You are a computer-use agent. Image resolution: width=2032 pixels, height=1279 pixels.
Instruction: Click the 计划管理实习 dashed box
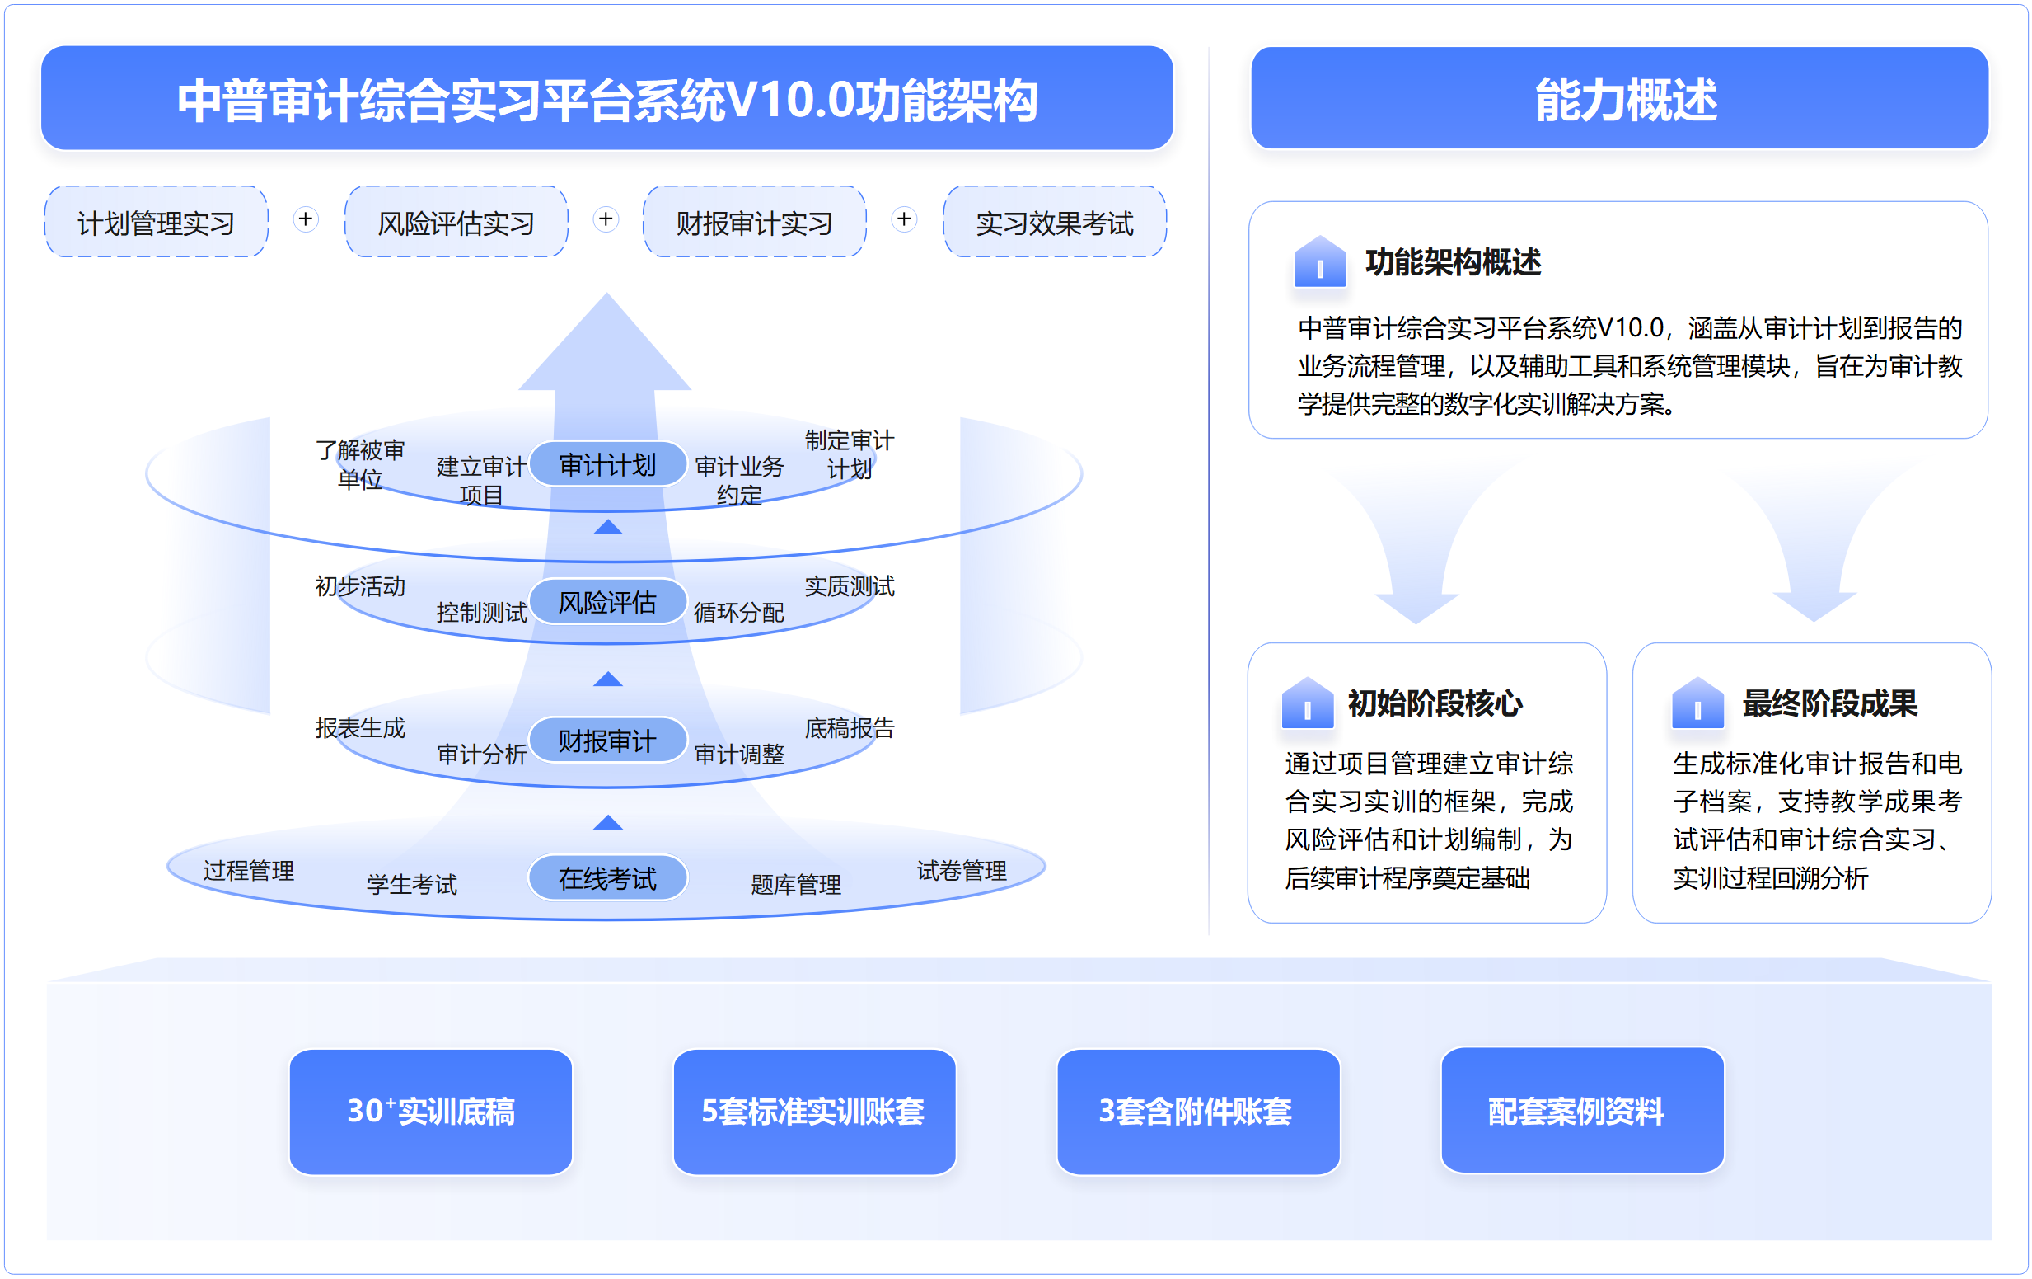coord(156,222)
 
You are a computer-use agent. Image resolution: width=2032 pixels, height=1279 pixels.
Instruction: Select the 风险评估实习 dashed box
coord(456,222)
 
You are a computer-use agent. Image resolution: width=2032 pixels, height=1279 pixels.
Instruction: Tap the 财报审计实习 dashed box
coord(755,222)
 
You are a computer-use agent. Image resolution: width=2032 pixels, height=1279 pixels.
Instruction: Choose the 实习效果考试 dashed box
coord(1054,222)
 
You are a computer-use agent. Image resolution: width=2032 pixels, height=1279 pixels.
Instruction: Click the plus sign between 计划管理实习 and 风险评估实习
coord(306,219)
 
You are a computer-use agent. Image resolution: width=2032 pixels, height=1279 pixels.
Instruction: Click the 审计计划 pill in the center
coord(607,464)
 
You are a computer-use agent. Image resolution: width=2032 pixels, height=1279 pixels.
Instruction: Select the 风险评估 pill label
coord(607,602)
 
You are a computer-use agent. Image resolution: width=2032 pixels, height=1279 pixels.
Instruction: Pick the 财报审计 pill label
coord(607,741)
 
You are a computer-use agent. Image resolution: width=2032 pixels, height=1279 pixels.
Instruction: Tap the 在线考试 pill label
coord(607,878)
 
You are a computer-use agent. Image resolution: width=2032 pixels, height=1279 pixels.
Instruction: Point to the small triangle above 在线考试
coord(607,823)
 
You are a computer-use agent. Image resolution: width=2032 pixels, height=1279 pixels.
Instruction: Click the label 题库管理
coord(796,884)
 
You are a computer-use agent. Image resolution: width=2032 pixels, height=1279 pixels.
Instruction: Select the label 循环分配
coord(738,612)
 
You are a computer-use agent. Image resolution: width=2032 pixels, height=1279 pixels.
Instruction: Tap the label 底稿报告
coord(849,727)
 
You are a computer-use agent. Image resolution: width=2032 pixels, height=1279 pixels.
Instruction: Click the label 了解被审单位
coord(360,464)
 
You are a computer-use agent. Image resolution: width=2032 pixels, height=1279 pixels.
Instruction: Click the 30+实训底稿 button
coord(430,1111)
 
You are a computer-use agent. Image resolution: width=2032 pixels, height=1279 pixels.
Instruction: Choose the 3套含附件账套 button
coord(1197,1111)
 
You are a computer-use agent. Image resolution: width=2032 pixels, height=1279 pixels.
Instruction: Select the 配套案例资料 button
coord(1581,1111)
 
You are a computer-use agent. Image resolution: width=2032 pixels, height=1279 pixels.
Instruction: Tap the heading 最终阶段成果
coord(1829,703)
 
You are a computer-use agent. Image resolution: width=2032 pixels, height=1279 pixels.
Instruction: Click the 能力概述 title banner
coord(1619,99)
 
